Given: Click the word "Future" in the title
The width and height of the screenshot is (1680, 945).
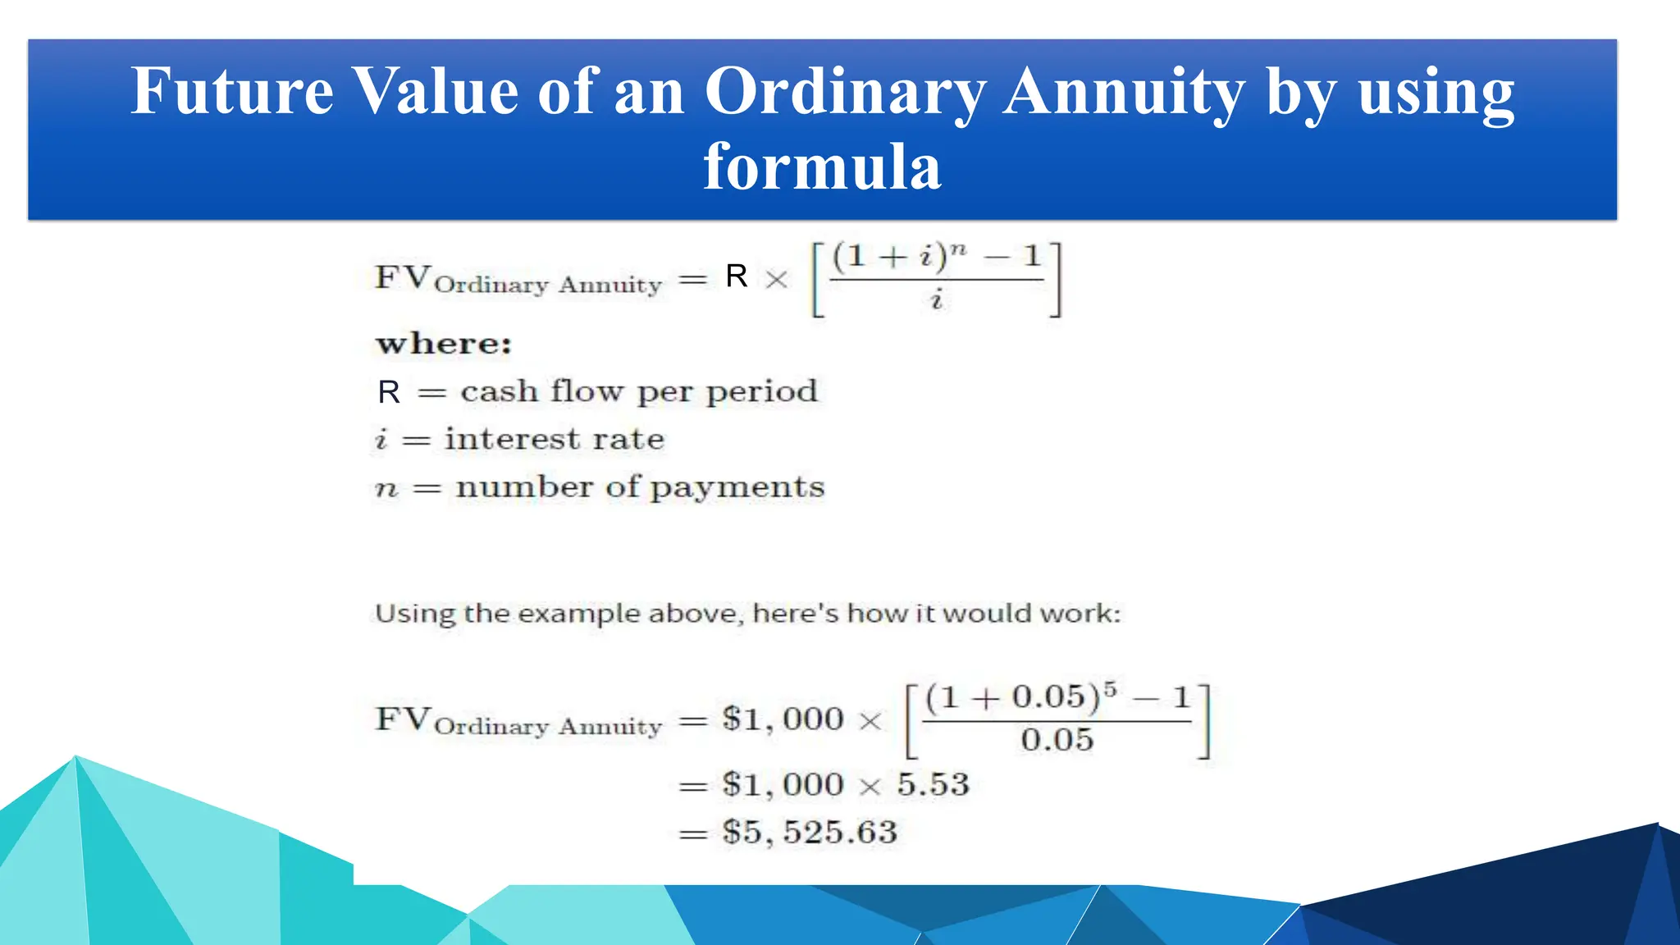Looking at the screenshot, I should click(x=231, y=91).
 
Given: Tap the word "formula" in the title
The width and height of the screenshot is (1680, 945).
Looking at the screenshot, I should click(x=822, y=167).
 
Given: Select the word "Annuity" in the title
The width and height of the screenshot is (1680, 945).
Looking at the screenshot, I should click(x=1125, y=91).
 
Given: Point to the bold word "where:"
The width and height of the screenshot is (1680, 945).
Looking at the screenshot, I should click(x=444, y=344).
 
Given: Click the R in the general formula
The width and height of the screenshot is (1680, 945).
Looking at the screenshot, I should click(x=737, y=276).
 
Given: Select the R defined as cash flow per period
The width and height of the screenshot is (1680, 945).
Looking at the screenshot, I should click(x=389, y=392).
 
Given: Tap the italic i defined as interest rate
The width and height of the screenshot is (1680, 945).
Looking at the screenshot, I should click(x=381, y=440).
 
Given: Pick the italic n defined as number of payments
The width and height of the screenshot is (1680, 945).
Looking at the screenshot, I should click(x=386, y=489).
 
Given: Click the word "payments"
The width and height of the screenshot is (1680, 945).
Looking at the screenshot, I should click(x=737, y=488).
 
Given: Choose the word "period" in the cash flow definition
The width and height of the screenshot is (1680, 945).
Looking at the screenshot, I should click(x=761, y=392).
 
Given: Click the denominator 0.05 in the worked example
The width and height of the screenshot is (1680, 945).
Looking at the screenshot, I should click(x=1057, y=740).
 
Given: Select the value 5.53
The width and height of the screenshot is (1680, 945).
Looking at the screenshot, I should click(x=933, y=784).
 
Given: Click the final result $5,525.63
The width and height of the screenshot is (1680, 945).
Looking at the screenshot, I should click(x=810, y=832).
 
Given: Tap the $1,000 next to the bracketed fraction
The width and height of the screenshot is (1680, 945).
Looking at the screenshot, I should click(x=783, y=719).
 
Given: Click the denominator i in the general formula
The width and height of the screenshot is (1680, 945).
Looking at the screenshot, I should click(x=937, y=300).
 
